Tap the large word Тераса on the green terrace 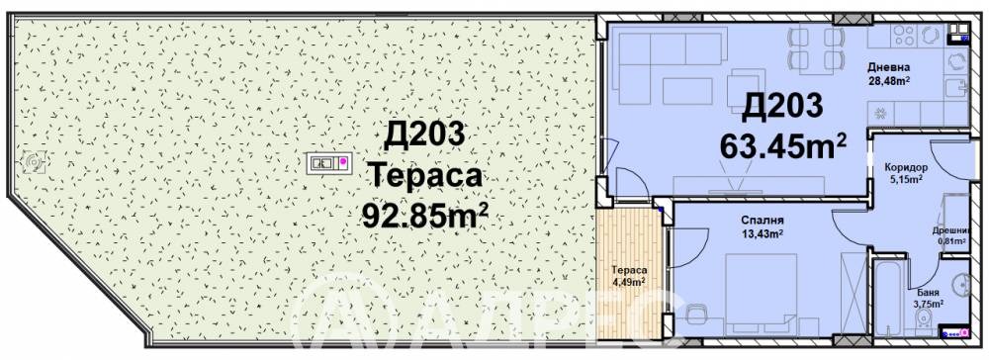coord(425,176)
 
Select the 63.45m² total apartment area coord(783,145)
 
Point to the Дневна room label coord(888,68)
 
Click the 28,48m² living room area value coord(888,81)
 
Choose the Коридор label coord(907,168)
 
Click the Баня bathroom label coord(928,293)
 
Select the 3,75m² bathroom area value coord(928,305)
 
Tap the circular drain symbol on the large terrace coord(36,160)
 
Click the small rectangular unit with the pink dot coord(326,161)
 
